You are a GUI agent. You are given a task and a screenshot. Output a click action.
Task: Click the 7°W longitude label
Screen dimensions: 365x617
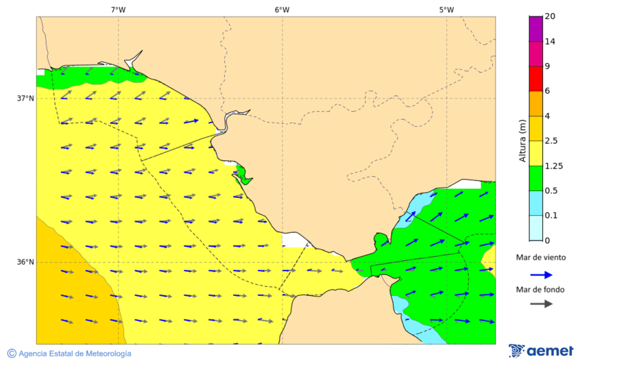[118, 10]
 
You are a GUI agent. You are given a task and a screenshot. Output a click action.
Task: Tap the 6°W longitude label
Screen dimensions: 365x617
[282, 10]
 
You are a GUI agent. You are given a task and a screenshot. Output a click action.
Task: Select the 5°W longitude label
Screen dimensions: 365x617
[446, 10]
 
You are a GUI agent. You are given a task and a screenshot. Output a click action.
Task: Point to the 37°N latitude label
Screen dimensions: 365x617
[25, 98]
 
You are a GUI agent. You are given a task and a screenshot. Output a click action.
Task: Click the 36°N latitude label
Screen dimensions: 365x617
[25, 262]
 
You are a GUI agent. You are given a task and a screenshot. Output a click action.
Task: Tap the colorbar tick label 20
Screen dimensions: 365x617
[550, 16]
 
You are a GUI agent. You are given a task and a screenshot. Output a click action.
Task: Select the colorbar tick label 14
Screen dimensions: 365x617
[550, 41]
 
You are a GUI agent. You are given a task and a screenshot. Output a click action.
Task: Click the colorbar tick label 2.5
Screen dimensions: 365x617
[551, 141]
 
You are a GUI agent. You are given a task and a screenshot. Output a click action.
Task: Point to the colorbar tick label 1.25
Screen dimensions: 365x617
[553, 166]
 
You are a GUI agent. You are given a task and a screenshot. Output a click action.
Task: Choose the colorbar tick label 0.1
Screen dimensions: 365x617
[551, 216]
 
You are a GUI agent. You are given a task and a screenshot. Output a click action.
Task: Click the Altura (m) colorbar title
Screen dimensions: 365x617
[522, 141]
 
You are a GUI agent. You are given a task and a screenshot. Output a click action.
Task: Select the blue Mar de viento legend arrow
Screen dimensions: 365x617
[541, 275]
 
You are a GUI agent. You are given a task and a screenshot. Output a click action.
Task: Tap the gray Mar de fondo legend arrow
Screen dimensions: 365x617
[541, 303]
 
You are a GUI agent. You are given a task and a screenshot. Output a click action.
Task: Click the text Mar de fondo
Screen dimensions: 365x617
[541, 290]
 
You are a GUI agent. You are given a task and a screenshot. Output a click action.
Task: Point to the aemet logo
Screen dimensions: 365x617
[541, 351]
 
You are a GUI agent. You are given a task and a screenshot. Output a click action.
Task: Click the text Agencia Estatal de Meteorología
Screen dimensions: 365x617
[75, 353]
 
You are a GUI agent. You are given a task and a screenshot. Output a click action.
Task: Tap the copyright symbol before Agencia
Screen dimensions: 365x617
[12, 353]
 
